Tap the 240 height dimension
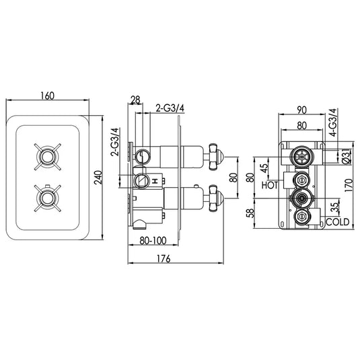click(x=99, y=177)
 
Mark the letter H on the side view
click(x=155, y=181)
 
